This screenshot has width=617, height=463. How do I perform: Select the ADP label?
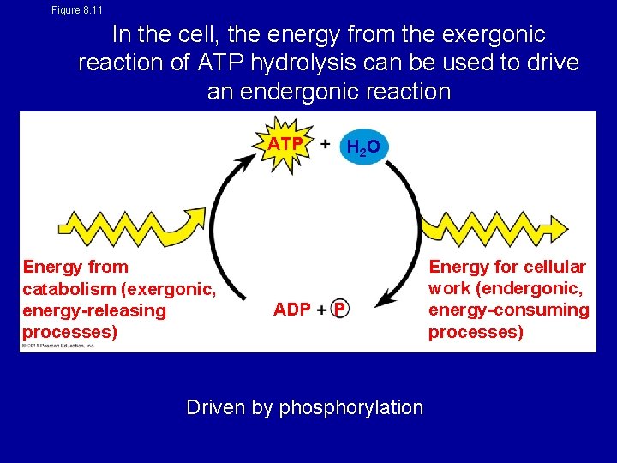pyautogui.click(x=292, y=310)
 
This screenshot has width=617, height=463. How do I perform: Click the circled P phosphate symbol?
pyautogui.click(x=340, y=310)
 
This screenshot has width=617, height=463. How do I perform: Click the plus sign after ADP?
pyautogui.click(x=321, y=310)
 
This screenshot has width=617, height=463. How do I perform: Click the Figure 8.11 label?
pyautogui.click(x=77, y=10)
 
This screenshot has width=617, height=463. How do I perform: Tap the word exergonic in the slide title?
pyautogui.click(x=493, y=35)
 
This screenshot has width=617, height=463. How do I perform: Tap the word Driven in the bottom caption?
pyautogui.click(x=215, y=407)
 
